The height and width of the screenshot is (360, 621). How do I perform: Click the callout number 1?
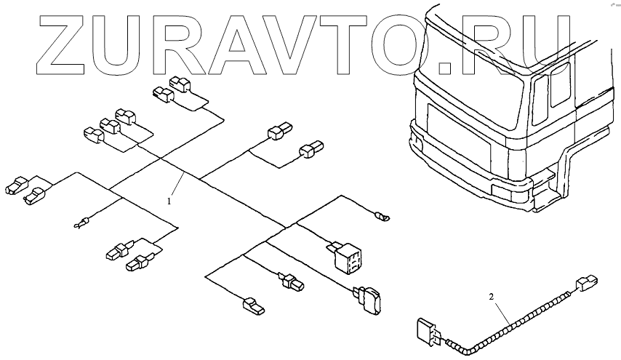(x=169, y=198)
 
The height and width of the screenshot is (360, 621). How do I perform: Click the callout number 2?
(x=492, y=297)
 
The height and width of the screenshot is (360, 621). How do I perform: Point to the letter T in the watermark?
(x=366, y=45)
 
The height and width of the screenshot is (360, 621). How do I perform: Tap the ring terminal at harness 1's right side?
(x=382, y=216)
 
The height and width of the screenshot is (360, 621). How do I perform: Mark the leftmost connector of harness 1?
(x=16, y=185)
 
